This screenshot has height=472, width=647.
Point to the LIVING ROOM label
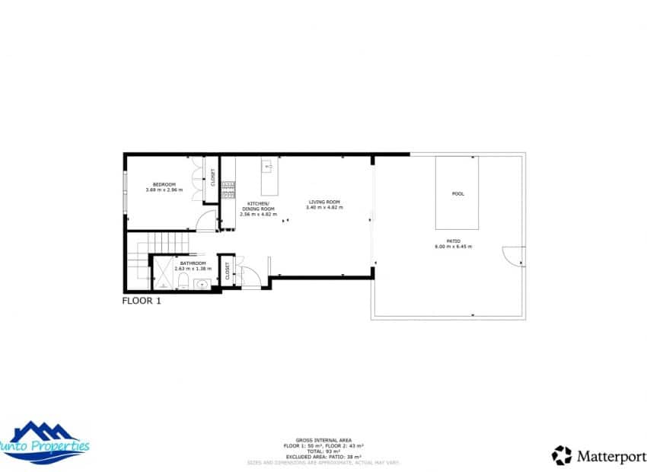(x=323, y=202)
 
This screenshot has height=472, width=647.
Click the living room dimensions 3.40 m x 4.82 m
(x=323, y=208)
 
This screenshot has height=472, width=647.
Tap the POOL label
(x=457, y=193)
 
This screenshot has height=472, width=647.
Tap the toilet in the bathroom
(x=183, y=283)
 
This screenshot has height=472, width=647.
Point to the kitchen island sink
(x=268, y=164)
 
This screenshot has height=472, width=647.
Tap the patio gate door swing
(x=514, y=257)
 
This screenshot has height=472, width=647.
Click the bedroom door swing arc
(x=206, y=222)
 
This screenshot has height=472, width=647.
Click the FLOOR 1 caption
(x=142, y=301)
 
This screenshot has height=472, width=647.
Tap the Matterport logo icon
(x=562, y=455)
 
